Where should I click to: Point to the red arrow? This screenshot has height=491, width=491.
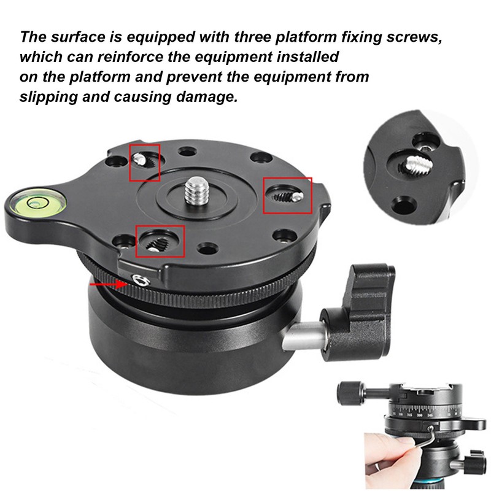[x=106, y=284]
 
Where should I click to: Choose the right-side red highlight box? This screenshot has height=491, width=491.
[x=287, y=195]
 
